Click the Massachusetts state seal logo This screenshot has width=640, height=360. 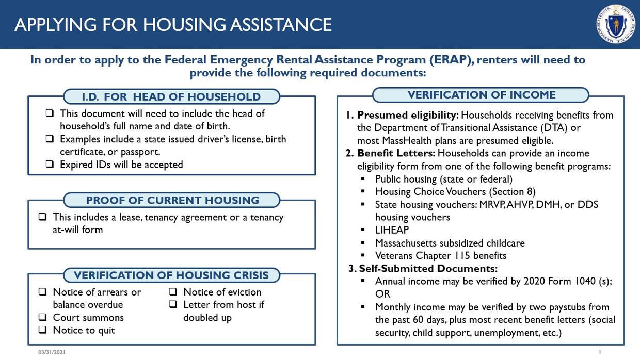tap(616, 24)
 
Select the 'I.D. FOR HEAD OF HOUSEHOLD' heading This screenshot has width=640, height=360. tap(171, 96)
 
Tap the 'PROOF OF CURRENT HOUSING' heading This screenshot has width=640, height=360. tap(172, 200)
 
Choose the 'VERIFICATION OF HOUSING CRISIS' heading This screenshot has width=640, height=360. tap(171, 275)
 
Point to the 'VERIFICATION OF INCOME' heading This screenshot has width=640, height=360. tap(481, 95)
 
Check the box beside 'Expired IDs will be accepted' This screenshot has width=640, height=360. tap(50, 165)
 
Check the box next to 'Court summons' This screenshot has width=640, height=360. tap(43, 317)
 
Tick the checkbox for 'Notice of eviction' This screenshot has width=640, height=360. tap(173, 292)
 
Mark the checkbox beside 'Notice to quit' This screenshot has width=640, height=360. tap(43, 330)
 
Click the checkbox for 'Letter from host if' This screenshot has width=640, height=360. tap(173, 305)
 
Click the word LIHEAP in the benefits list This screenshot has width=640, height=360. tap(392, 230)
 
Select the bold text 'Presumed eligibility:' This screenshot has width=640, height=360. tap(408, 115)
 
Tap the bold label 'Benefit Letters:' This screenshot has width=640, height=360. tap(396, 153)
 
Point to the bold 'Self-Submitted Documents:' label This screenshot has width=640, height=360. tap(428, 268)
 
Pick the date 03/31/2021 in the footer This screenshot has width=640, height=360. tap(52, 352)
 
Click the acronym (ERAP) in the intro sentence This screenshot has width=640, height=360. tap(451, 60)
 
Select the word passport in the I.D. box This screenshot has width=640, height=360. tap(141, 152)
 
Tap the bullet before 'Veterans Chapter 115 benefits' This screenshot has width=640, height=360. tap(363, 255)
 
